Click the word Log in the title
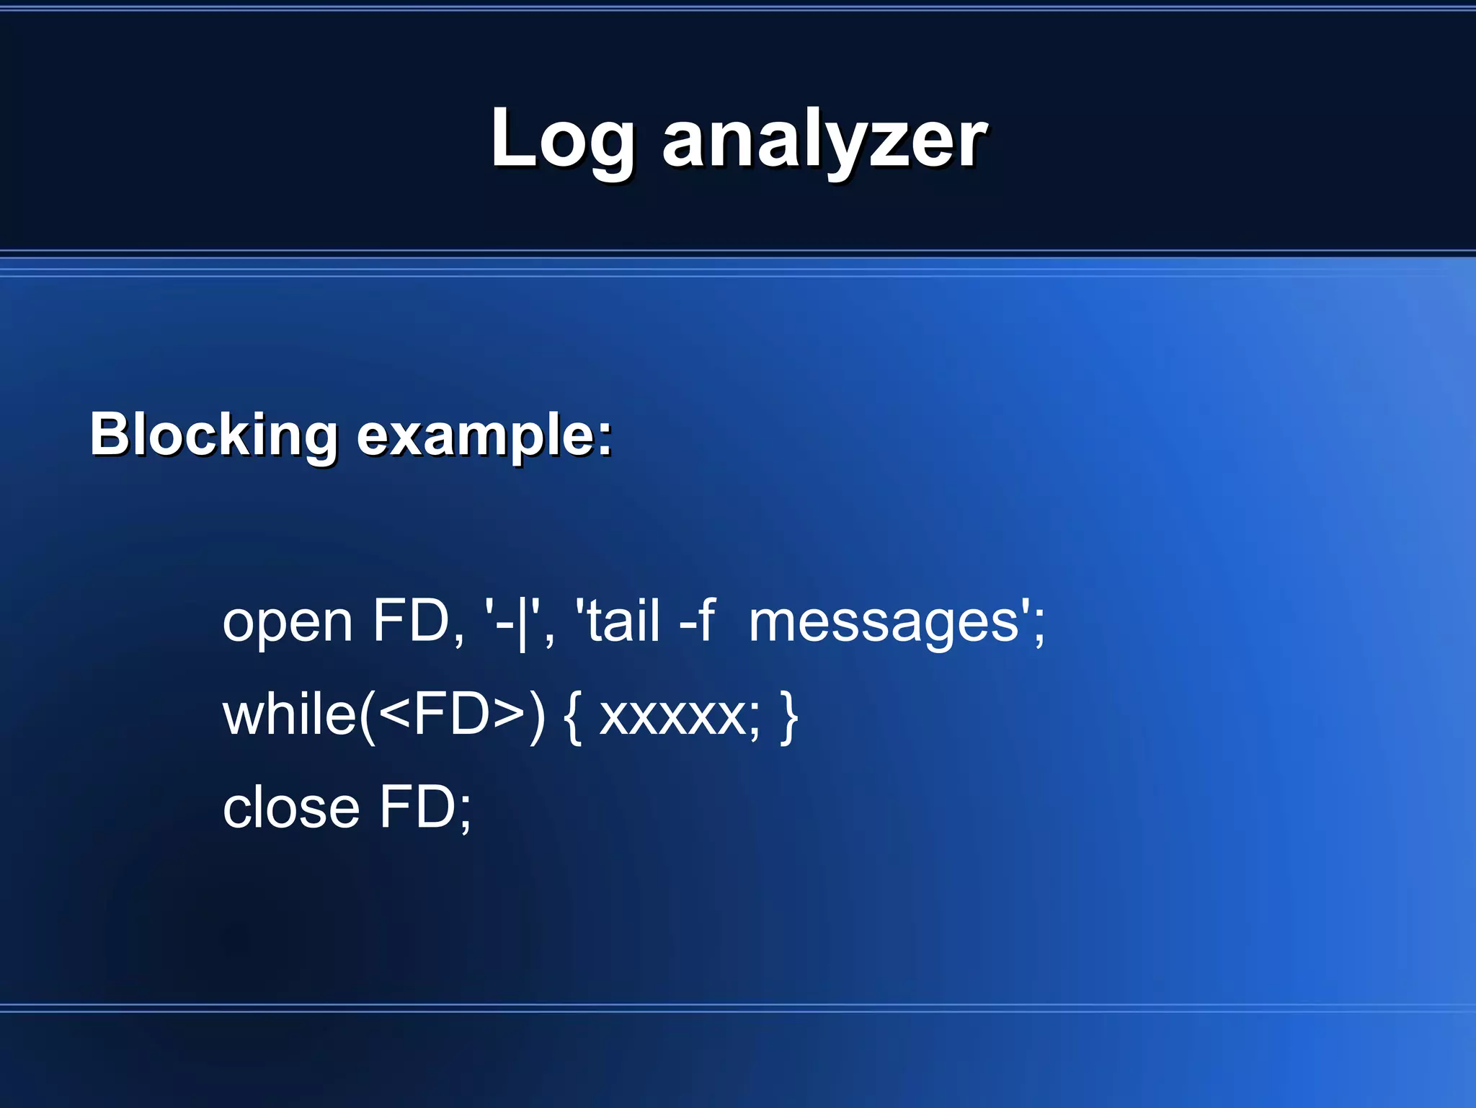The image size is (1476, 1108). [562, 141]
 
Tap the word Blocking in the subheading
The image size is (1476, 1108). [213, 435]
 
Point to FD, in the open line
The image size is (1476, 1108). [418, 621]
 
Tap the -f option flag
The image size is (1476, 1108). [696, 621]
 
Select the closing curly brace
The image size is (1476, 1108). [789, 717]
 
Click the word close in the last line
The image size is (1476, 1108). [290, 808]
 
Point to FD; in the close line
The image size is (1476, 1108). [425, 808]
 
